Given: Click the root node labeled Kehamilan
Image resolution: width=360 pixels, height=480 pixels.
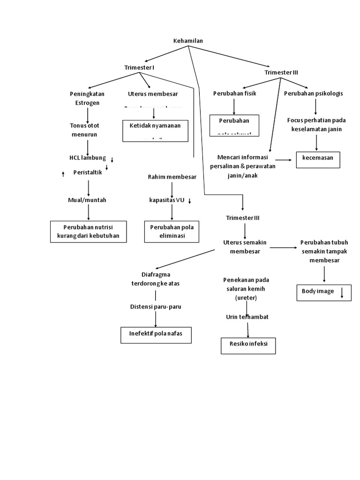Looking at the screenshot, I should (x=188, y=41).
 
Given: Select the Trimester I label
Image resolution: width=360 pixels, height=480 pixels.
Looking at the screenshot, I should (x=139, y=67).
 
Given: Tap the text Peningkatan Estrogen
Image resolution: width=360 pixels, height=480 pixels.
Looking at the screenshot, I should (x=87, y=98).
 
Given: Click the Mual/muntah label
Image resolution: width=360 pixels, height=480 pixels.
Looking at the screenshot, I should (x=87, y=200).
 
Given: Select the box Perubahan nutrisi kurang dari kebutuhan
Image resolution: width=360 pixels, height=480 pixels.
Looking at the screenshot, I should (x=88, y=231).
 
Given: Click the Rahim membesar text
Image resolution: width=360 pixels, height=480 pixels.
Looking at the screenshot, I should (x=172, y=177).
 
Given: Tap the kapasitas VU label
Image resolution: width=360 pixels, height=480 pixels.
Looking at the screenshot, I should (x=167, y=200).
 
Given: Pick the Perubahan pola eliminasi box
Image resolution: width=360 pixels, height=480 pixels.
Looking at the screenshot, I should (x=172, y=231).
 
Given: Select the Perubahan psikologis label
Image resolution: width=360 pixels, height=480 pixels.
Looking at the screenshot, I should (x=313, y=93).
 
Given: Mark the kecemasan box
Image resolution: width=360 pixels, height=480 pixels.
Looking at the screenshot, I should (x=318, y=159).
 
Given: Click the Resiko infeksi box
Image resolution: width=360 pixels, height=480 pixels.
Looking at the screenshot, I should (x=248, y=345).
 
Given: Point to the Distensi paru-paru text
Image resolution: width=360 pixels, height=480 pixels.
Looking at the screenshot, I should (x=155, y=307).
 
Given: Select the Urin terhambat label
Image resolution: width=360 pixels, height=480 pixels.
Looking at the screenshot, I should (x=247, y=317).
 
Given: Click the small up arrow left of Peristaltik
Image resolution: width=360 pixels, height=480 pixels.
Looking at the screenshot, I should (x=63, y=174).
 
